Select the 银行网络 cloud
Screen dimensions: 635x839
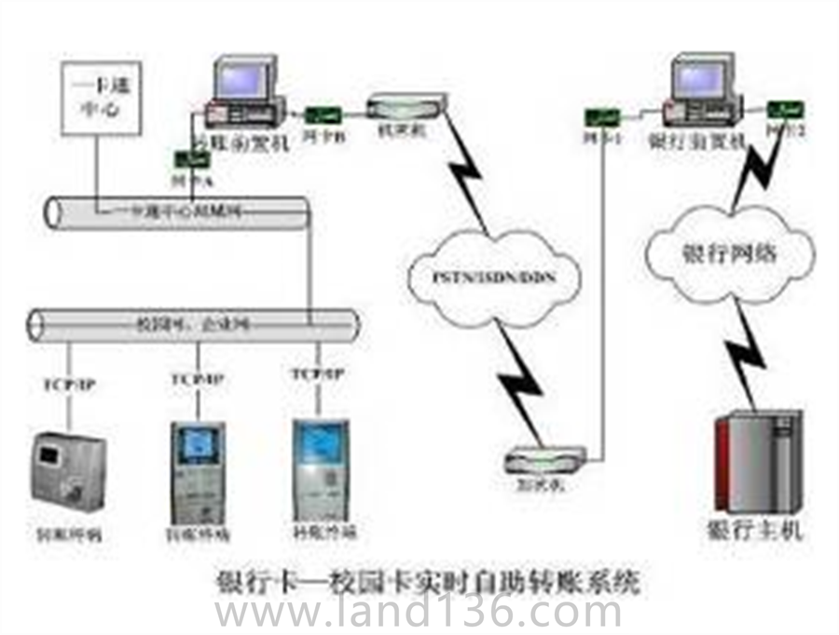click(x=730, y=252)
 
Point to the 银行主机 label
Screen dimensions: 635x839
click(x=755, y=532)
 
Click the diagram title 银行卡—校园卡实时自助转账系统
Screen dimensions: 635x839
click(x=428, y=582)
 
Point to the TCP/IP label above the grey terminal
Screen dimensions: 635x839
click(x=69, y=382)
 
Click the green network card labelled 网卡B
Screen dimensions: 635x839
click(x=323, y=116)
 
